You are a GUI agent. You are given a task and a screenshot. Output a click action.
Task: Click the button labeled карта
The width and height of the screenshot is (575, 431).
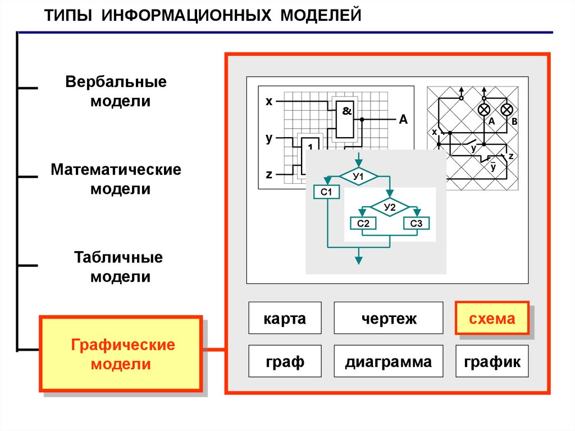click(285, 318)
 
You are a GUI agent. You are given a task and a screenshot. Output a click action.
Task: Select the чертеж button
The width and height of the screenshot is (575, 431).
click(389, 318)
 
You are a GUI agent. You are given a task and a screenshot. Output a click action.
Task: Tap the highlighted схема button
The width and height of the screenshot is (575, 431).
click(492, 319)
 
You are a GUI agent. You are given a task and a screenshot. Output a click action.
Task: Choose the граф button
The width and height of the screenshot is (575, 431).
click(285, 361)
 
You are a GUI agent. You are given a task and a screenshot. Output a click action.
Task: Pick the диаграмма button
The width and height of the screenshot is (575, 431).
click(389, 361)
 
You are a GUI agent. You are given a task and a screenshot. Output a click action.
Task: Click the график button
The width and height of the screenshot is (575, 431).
click(492, 361)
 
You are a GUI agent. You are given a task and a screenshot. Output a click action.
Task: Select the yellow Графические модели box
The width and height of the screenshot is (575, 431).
click(121, 354)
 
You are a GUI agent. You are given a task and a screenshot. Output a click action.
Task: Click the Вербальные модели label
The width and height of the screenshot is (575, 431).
click(116, 91)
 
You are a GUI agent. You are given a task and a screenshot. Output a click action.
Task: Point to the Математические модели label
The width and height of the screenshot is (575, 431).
click(116, 179)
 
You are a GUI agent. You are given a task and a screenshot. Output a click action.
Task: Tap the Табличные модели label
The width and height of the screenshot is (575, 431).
click(118, 267)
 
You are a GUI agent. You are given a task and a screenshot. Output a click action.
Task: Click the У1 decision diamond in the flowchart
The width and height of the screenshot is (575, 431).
click(358, 177)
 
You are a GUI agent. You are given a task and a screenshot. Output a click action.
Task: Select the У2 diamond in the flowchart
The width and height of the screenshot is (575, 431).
click(390, 207)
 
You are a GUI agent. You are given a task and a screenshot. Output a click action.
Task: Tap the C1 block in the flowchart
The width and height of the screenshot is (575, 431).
click(327, 193)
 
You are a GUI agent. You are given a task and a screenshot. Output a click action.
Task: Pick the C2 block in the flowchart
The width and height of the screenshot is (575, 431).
click(363, 224)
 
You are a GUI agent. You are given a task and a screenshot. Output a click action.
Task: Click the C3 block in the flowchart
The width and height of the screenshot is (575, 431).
click(416, 224)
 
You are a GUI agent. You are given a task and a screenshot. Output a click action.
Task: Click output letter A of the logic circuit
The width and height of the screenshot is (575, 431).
click(403, 119)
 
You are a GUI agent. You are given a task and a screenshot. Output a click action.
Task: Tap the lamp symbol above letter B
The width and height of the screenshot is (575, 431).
click(506, 109)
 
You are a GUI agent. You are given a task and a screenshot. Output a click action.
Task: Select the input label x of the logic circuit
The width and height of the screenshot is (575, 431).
click(269, 102)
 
